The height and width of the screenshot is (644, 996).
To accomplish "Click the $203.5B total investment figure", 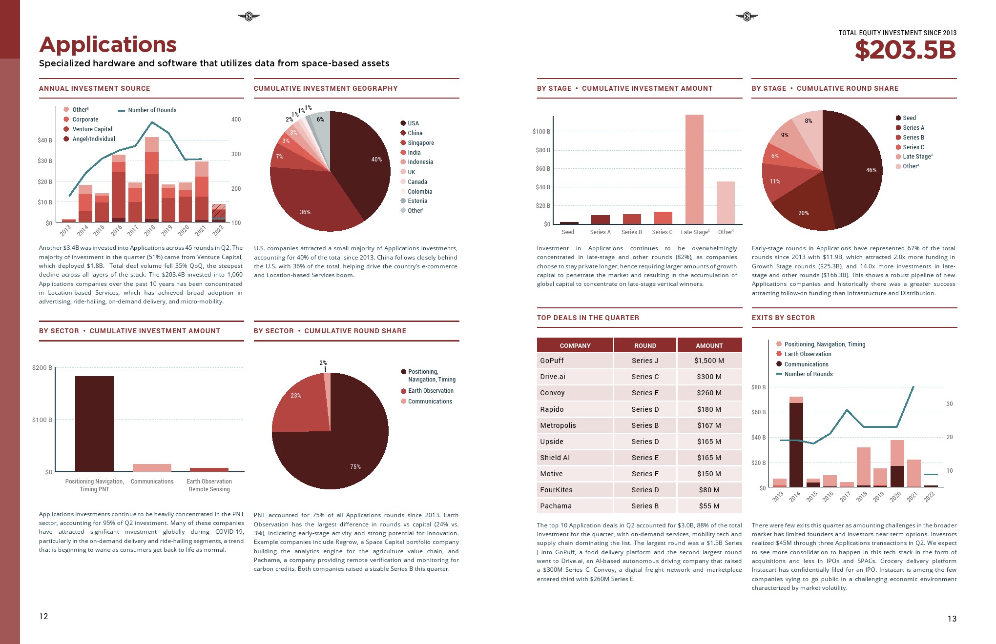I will (905, 50).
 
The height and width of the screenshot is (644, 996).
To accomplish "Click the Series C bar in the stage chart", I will (663, 218).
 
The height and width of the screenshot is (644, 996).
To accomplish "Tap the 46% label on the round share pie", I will (871, 170).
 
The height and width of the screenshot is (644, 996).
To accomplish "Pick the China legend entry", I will (415, 133).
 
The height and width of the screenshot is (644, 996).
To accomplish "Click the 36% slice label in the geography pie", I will (305, 212).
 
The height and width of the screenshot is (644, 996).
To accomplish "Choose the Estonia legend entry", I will (417, 201).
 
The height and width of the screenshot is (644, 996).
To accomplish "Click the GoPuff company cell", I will (552, 361).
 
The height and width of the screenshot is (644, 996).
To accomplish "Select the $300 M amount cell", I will (709, 377).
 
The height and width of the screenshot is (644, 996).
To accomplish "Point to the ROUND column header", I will (645, 345).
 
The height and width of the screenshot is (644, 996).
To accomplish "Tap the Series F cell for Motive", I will (645, 474).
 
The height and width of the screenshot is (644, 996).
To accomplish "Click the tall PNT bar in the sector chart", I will (94, 423).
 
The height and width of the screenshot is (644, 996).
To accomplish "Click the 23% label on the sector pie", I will (296, 396).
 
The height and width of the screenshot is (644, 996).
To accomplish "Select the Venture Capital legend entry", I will (92, 129).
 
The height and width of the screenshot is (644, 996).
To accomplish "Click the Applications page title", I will (108, 45).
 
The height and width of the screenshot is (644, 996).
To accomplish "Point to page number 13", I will (952, 619).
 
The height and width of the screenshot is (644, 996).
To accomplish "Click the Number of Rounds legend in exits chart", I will (808, 374).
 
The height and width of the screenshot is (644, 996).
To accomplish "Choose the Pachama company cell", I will (556, 506).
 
